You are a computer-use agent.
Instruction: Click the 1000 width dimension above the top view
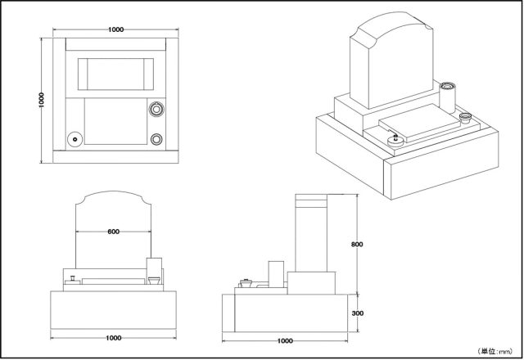pyautogui.click(x=115, y=29)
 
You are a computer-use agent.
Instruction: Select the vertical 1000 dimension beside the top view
pyautogui.click(x=41, y=98)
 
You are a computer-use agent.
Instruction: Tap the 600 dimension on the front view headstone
pyautogui.click(x=114, y=232)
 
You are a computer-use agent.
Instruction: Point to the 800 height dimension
pyautogui.click(x=356, y=244)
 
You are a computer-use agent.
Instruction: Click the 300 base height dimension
pyautogui.click(x=357, y=313)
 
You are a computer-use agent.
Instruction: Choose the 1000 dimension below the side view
pyautogui.click(x=286, y=340)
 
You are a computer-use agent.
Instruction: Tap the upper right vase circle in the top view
pyautogui.click(x=157, y=108)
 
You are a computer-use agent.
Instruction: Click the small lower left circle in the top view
pyautogui.click(x=75, y=139)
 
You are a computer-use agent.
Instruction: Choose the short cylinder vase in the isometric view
pyautogui.click(x=465, y=119)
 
